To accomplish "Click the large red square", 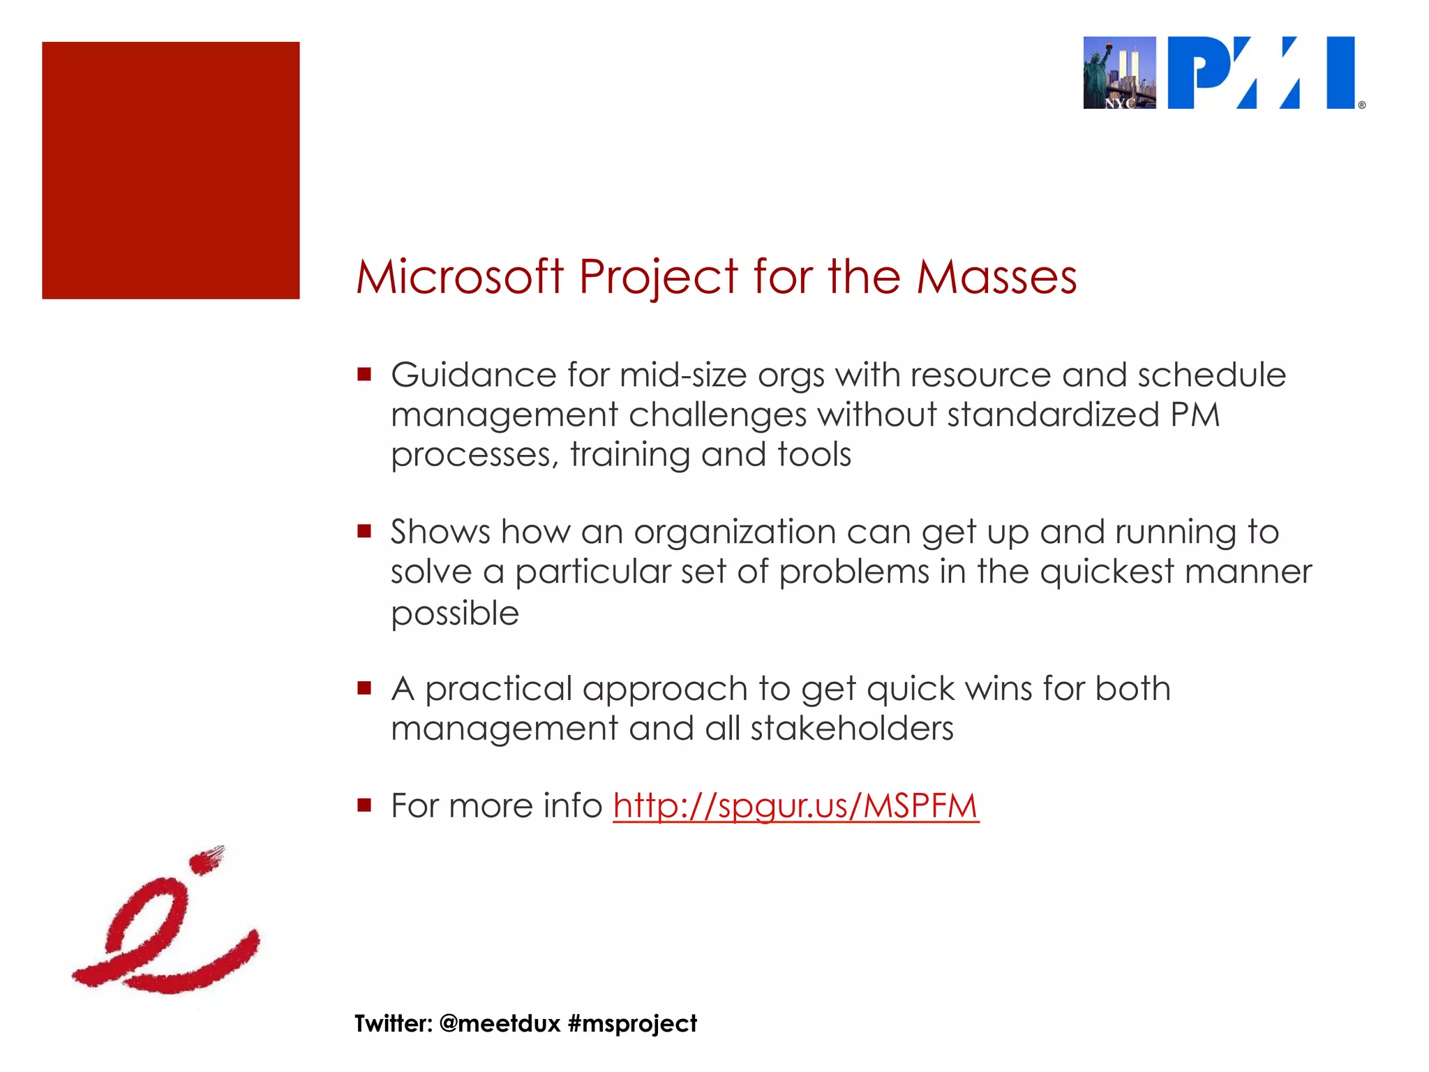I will coord(171,170).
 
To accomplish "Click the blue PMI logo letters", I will coord(1262,73).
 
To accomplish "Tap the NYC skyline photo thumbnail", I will coord(1119,73).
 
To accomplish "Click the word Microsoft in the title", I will coord(459,277).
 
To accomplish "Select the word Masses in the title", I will coord(996,277).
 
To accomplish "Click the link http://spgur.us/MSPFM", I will coord(796,805).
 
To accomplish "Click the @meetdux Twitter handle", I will coord(500,1023).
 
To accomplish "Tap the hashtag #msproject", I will coord(632,1023).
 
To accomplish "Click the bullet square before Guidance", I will coord(364,374).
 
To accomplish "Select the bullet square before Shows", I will coord(364,531).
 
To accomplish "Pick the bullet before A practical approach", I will coord(364,688).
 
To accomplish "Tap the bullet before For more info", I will coord(364,805).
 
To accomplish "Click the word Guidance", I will coord(473,375).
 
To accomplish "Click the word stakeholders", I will coord(852,729).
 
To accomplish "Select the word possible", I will coord(455,614).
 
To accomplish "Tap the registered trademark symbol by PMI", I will coord(1361,105).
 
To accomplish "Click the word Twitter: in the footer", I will coord(394,1023).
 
